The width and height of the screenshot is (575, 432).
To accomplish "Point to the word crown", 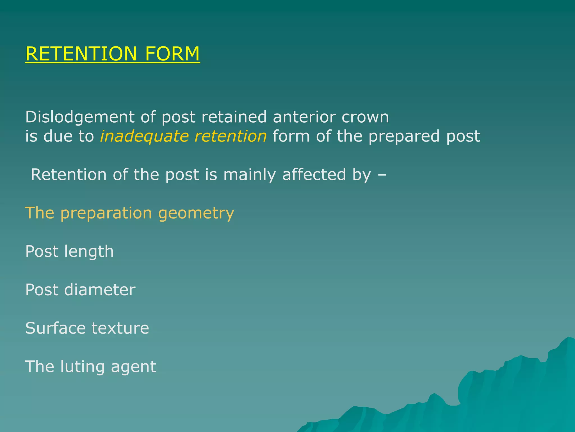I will click(365, 118).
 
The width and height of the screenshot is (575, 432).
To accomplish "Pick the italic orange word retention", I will click(231, 136).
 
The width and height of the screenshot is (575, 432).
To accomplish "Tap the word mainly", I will click(249, 175).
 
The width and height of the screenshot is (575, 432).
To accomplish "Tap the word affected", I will click(314, 174).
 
